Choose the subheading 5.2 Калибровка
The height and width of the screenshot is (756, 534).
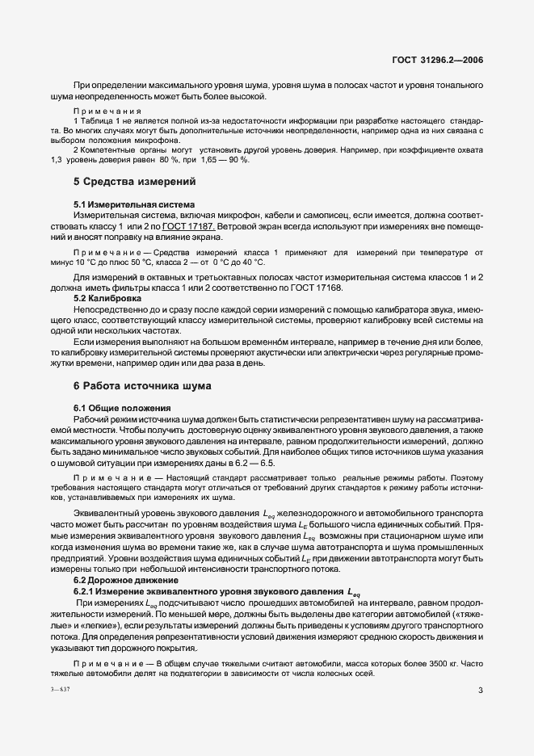107,298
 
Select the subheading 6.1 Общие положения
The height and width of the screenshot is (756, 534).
122,409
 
